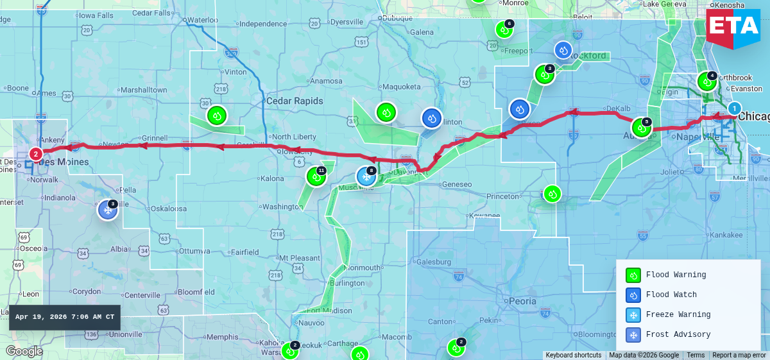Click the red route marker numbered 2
tap(36, 153)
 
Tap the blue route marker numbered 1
tap(734, 108)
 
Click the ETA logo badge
tap(733, 26)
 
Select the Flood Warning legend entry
tap(675, 275)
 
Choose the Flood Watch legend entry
tap(671, 295)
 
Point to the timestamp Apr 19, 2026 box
tap(65, 317)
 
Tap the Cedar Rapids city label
tap(295, 101)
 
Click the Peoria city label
tap(522, 301)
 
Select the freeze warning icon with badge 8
tap(366, 176)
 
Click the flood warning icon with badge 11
tap(316, 176)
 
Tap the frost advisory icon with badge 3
tap(108, 209)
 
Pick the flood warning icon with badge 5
tap(641, 127)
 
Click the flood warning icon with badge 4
tap(706, 81)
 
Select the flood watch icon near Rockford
tap(563, 50)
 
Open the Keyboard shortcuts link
tap(574, 356)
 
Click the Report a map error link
tap(739, 356)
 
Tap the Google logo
tap(24, 351)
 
